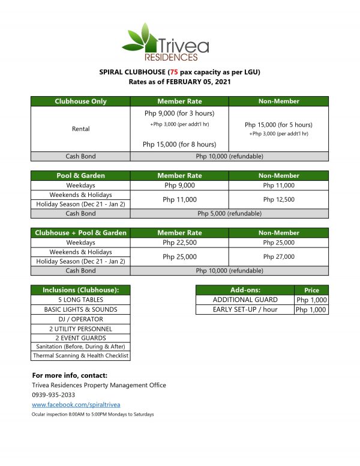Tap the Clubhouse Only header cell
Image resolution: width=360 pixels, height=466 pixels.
click(80, 101)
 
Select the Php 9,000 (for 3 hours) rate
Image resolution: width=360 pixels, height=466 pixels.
click(179, 113)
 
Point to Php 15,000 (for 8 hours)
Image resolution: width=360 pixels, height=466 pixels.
click(179, 144)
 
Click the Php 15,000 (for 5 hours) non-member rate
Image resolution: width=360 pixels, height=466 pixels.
click(278, 124)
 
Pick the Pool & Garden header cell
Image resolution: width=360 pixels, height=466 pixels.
click(80, 175)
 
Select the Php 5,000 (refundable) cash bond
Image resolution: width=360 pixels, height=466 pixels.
click(229, 213)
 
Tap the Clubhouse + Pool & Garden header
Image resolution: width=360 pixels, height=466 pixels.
click(80, 233)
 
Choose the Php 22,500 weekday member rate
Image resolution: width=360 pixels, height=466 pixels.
click(179, 243)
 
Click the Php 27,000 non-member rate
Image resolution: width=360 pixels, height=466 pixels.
click(278, 256)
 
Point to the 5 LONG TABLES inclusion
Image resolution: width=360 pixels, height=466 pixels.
click(80, 300)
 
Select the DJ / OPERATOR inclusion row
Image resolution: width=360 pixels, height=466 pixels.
click(80, 319)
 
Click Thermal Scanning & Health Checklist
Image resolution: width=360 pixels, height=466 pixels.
click(80, 356)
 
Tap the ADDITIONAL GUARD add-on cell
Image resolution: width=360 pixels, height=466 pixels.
click(245, 300)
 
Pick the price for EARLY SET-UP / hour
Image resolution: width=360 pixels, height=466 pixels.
click(311, 310)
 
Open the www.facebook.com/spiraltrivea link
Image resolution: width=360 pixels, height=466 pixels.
click(76, 405)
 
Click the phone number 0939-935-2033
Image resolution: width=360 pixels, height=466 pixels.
click(55, 395)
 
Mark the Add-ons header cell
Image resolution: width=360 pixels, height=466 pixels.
click(245, 290)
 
